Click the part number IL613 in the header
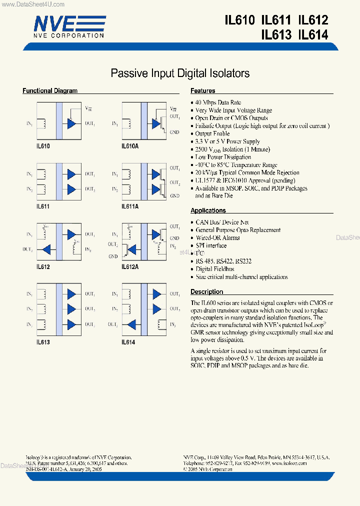tap(276, 35)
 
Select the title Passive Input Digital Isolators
tap(179, 73)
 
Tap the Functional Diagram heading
tap(50, 91)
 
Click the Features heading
tap(202, 91)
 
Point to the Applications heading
tap(208, 210)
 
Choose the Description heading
tap(206, 291)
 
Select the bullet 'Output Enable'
tap(212, 133)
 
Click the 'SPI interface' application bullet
tap(210, 245)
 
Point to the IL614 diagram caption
tap(128, 342)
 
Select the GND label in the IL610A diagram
tap(174, 132)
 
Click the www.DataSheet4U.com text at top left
tap(32, 4)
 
